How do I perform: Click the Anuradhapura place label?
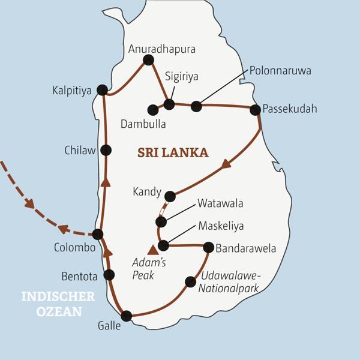(x=162, y=49)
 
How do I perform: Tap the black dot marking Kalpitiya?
(x=102, y=90)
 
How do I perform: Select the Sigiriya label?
(x=181, y=77)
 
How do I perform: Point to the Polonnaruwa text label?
(x=280, y=71)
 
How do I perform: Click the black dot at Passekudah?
(x=255, y=110)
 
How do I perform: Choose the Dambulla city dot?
(x=153, y=110)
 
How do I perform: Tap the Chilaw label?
(x=80, y=151)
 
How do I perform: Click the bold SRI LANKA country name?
(x=173, y=153)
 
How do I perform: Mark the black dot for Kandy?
(x=170, y=196)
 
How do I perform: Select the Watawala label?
(x=220, y=204)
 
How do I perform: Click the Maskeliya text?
(x=221, y=227)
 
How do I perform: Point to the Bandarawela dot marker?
(x=208, y=247)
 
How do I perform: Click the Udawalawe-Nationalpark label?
(x=230, y=281)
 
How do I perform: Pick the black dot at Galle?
(x=126, y=316)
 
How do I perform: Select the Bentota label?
(x=79, y=276)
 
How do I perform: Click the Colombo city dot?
(x=98, y=234)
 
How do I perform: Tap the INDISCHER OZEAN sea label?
(x=58, y=304)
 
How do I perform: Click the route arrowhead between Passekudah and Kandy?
(x=226, y=164)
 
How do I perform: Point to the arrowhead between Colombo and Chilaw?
(x=106, y=182)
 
